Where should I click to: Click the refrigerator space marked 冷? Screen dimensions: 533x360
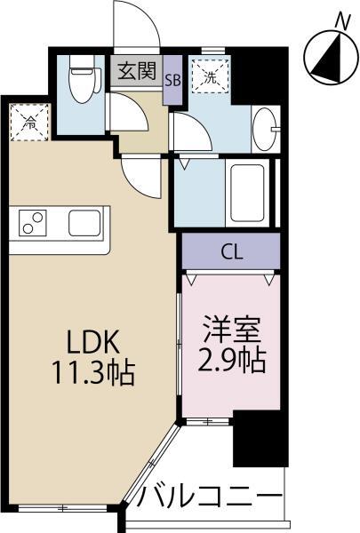[29, 121]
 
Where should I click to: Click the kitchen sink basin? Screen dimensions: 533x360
[85, 222]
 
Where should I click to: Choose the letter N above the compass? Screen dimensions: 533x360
[342, 18]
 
